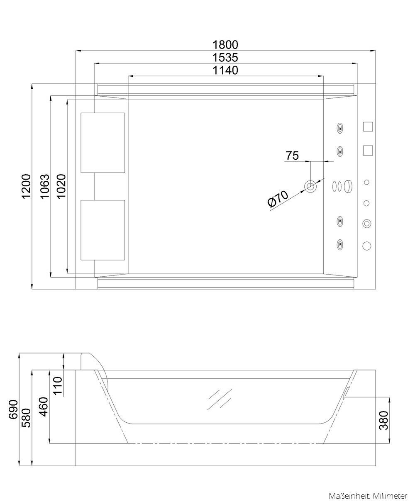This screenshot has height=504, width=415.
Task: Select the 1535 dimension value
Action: pyautogui.click(x=225, y=57)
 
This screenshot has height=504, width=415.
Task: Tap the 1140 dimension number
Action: pyautogui.click(x=225, y=70)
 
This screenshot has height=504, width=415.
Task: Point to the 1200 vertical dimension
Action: pyautogui.click(x=26, y=186)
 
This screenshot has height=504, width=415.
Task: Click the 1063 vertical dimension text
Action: pyautogui.click(x=44, y=186)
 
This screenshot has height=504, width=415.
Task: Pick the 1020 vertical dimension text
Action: pyautogui.click(x=61, y=186)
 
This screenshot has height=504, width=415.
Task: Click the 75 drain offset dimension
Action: pyautogui.click(x=292, y=156)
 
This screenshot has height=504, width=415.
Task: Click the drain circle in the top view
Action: pyautogui.click(x=310, y=186)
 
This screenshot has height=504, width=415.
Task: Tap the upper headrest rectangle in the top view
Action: pyautogui.click(x=103, y=142)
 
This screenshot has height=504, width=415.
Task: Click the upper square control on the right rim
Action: pyautogui.click(x=368, y=127)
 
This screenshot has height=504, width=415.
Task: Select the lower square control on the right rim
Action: pyautogui.click(x=368, y=150)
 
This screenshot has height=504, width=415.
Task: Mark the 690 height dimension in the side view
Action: pyautogui.click(x=13, y=409)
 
